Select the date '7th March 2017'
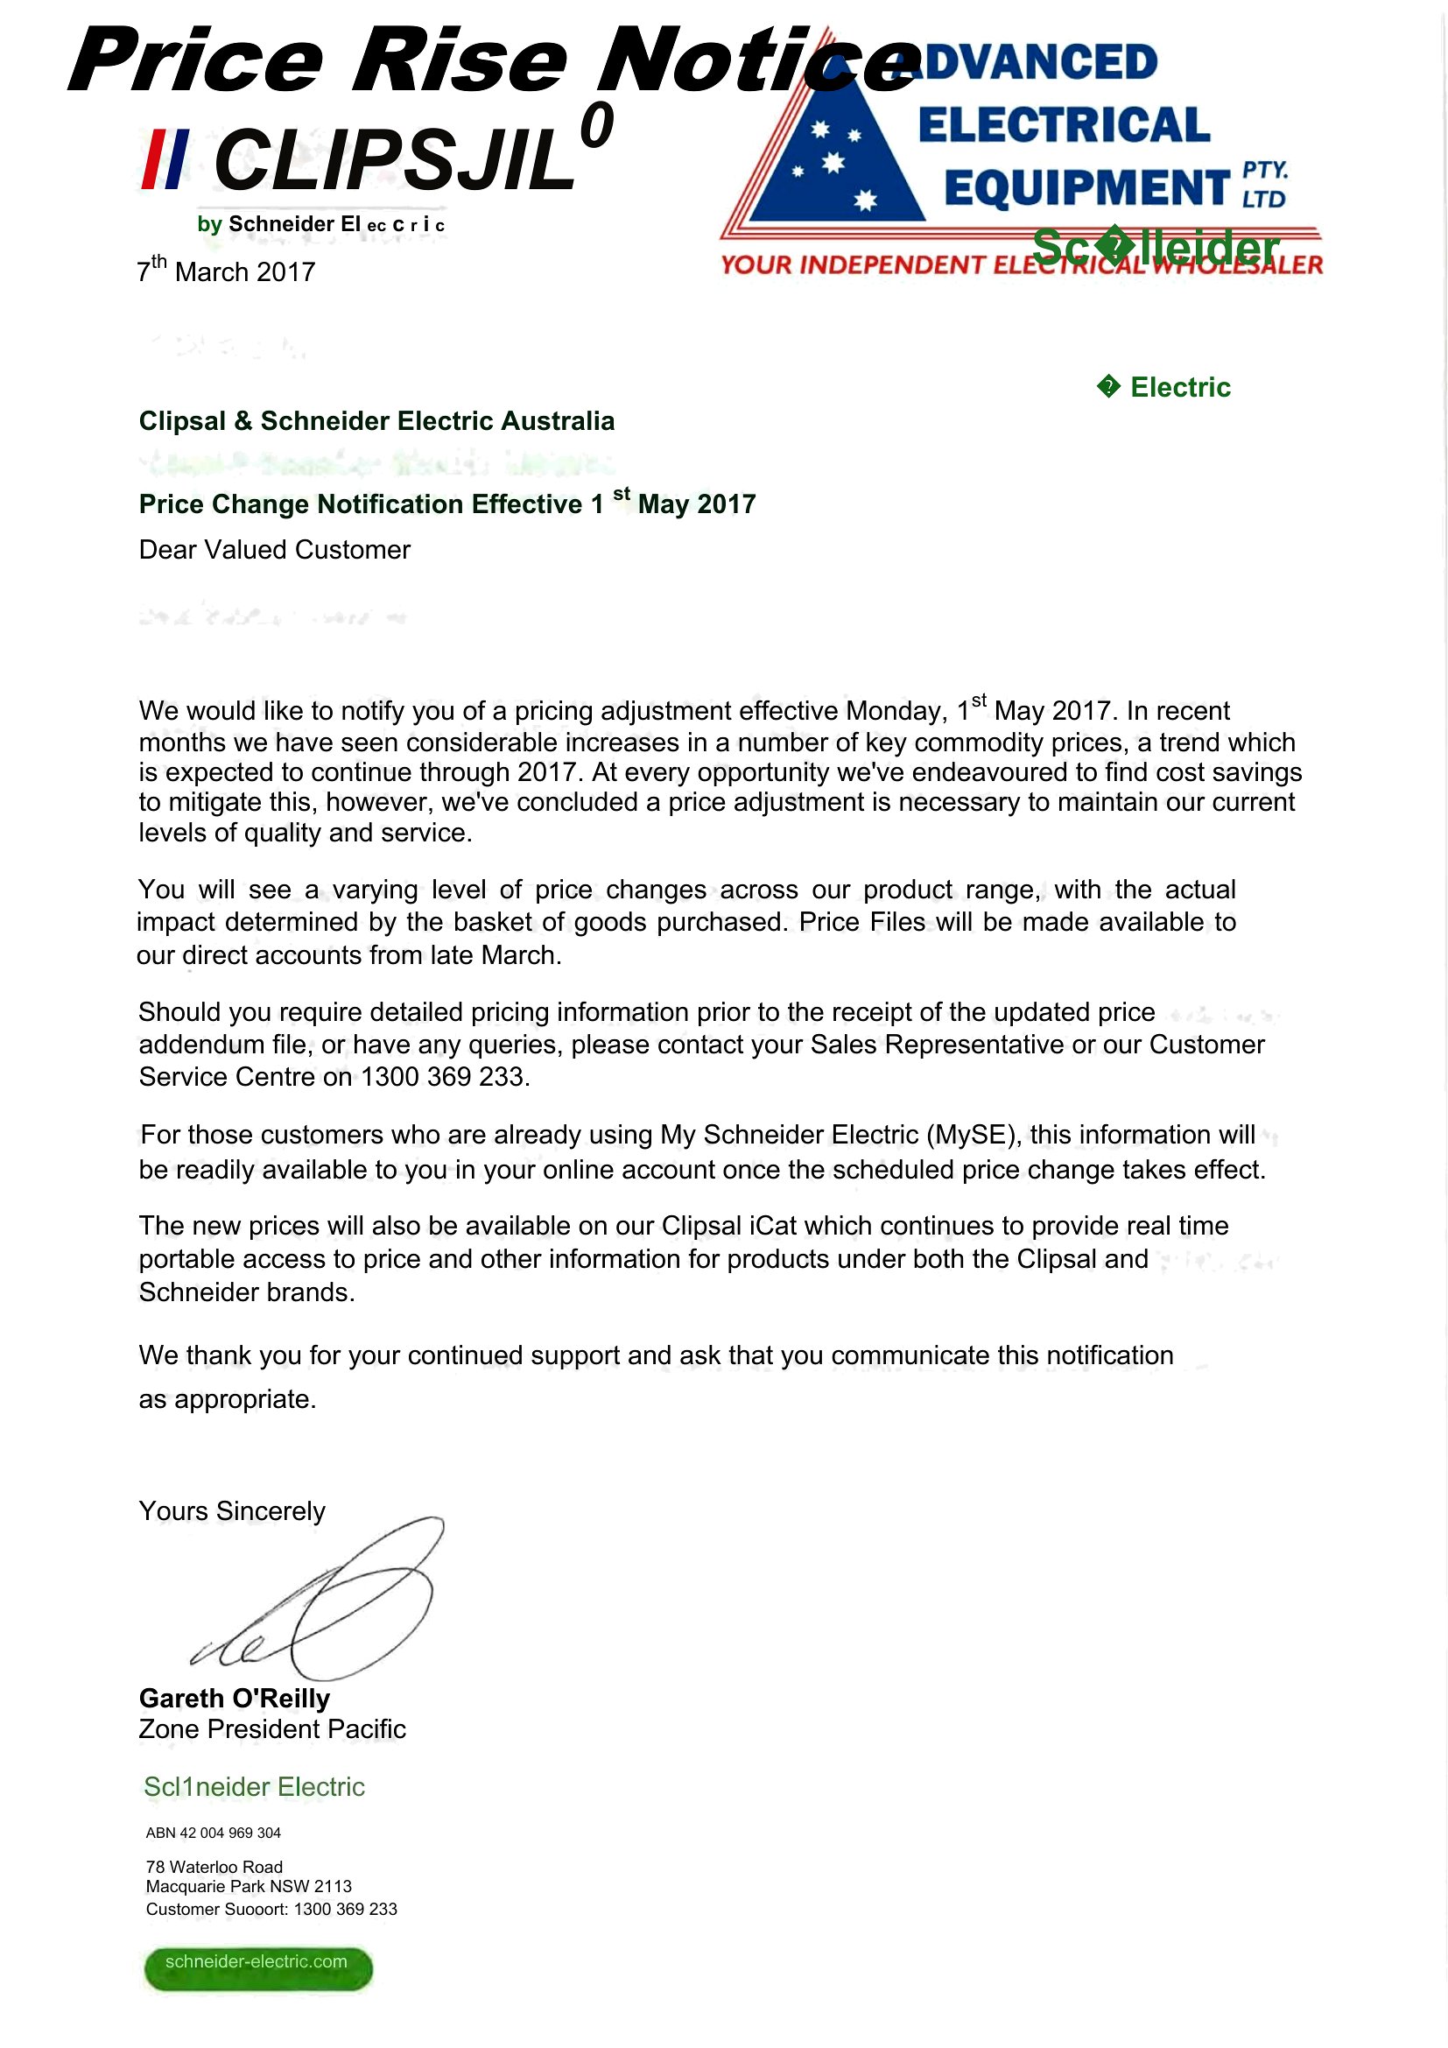(227, 271)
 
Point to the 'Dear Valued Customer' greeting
(275, 550)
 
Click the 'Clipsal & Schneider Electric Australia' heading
(376, 421)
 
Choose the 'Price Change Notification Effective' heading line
(446, 503)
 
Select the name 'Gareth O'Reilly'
(235, 1698)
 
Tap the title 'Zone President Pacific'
(272, 1728)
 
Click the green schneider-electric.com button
(257, 1967)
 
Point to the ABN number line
(213, 1832)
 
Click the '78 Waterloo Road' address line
(214, 1867)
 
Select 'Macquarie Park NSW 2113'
(249, 1886)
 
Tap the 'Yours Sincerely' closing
(232, 1510)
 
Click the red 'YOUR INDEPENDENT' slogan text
(852, 265)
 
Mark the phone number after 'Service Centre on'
(444, 1077)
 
